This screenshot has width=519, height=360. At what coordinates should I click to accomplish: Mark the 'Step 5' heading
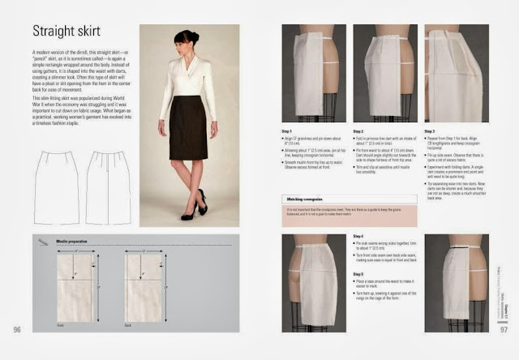point(359,273)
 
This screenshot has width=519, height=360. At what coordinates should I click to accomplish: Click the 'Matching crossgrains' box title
point(304,198)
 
